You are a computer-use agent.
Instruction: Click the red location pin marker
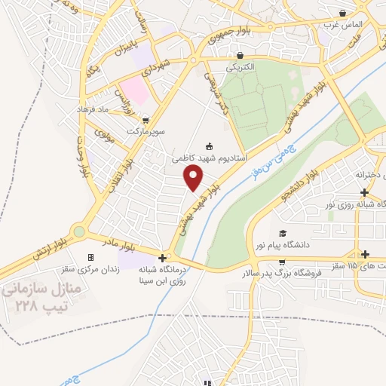click(x=195, y=178)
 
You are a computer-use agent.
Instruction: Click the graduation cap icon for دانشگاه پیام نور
click(x=283, y=233)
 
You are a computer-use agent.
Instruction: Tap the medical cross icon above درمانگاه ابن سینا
click(x=162, y=257)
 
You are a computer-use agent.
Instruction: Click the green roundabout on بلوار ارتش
click(x=78, y=232)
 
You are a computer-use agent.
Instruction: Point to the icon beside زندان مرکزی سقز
click(x=91, y=257)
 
